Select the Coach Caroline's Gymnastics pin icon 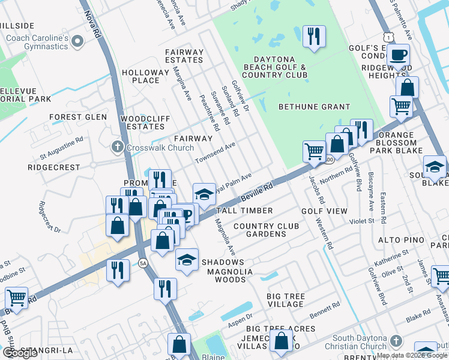click(x=77, y=41)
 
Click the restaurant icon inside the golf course click(x=314, y=37)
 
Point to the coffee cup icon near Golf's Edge click(x=397, y=56)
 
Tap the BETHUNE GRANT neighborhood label click(x=314, y=107)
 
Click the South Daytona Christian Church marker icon click(x=395, y=341)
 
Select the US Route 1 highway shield click(x=391, y=37)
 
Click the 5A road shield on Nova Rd click(x=142, y=263)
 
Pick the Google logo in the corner click(x=20, y=353)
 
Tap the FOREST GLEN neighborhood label click(x=78, y=117)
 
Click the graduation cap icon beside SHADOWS click(x=187, y=260)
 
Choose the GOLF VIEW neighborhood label click(x=324, y=211)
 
